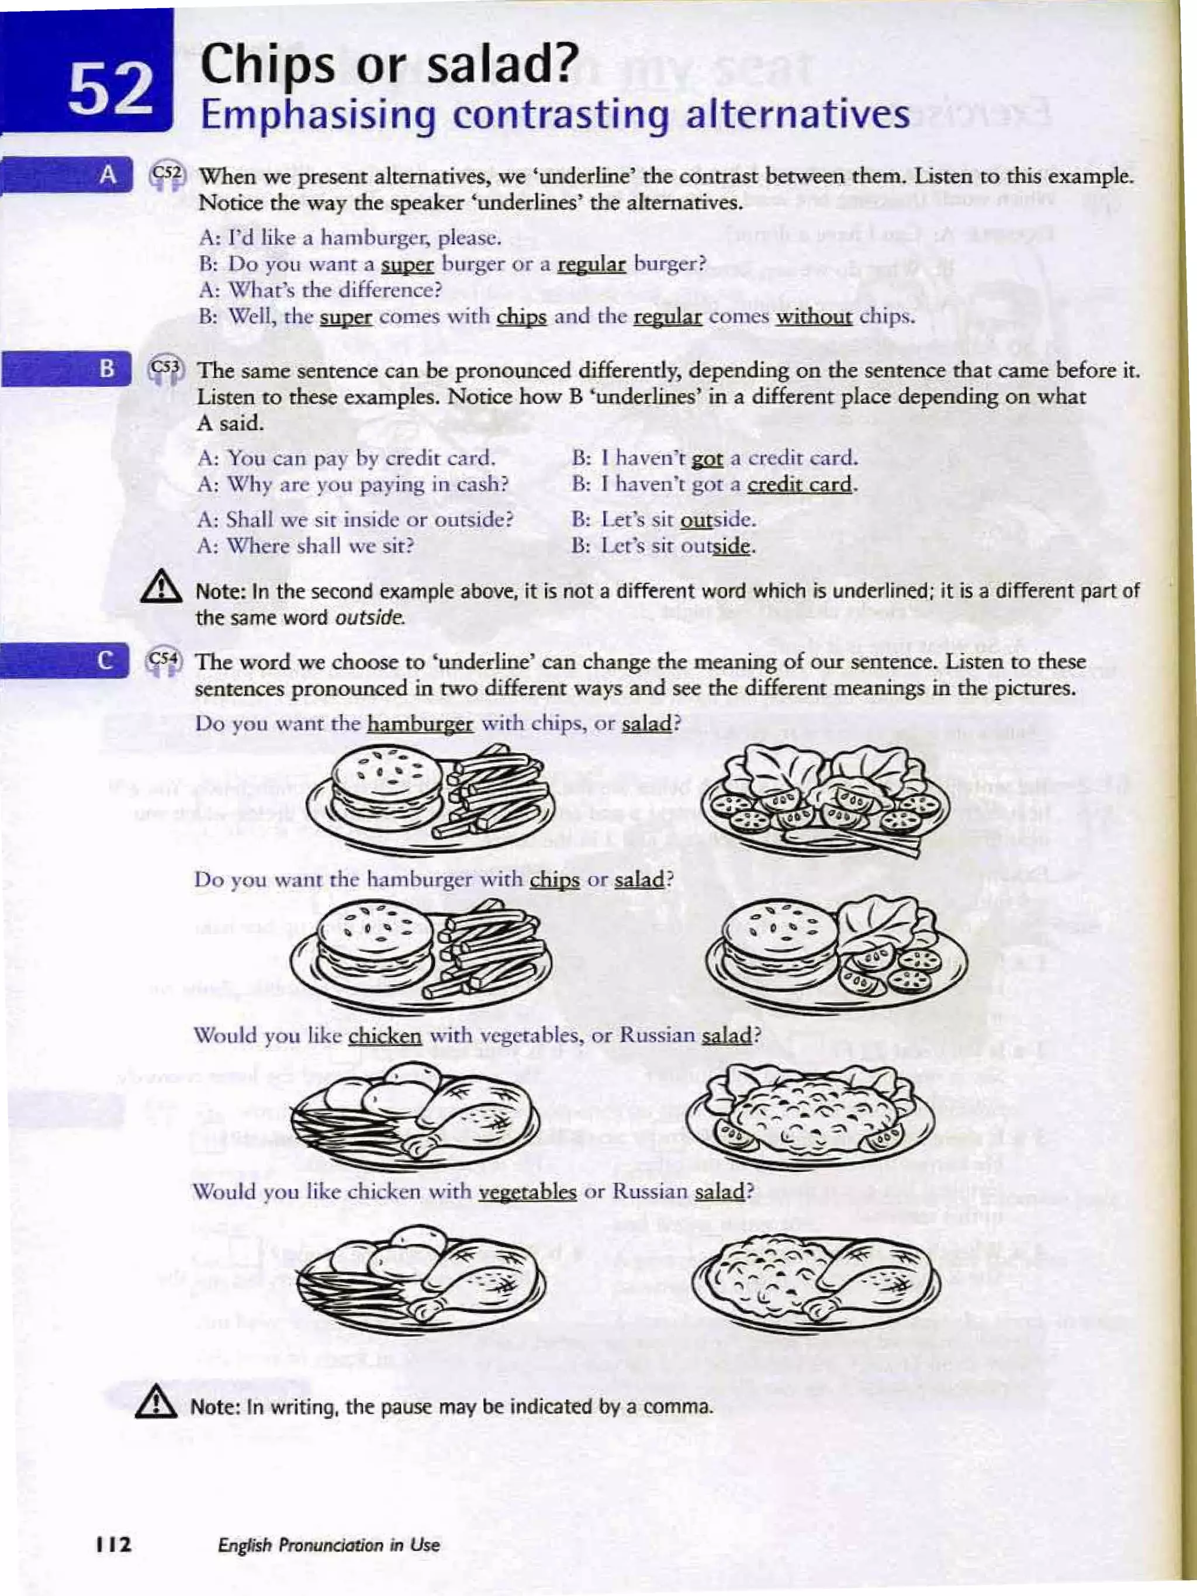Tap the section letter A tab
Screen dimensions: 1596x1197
[x=108, y=175]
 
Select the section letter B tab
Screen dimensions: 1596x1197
[x=107, y=368]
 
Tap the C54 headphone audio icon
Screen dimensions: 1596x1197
[x=164, y=661]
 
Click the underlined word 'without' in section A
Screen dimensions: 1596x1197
[x=813, y=317]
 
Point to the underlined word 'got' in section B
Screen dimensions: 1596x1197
[x=707, y=458]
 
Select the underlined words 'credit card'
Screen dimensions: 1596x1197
[x=800, y=484]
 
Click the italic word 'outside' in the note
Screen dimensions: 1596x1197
[x=369, y=618]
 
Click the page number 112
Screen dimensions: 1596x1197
[x=114, y=1545]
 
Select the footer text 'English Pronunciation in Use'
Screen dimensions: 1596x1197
[x=328, y=1545]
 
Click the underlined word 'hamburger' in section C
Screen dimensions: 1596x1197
[x=420, y=723]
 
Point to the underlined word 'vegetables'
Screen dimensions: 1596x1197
[x=527, y=1191]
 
